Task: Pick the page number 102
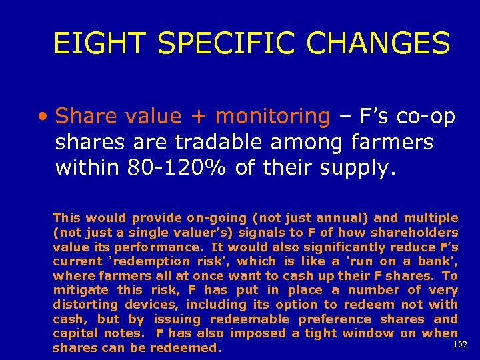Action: (x=459, y=345)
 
